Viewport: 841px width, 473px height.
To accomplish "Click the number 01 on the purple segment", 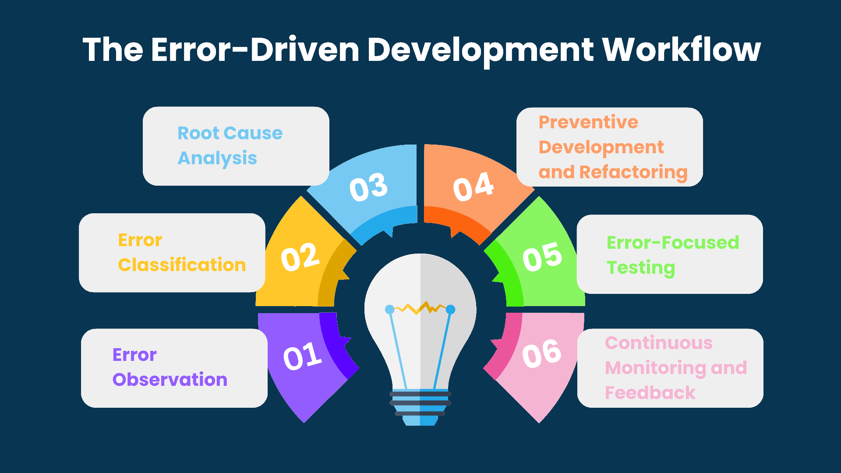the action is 303,356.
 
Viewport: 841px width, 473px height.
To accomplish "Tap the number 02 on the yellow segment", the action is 300,257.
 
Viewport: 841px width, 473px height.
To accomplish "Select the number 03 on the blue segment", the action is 368,187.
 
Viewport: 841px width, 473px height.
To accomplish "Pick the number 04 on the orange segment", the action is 474,187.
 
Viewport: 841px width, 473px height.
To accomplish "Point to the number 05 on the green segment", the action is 542,257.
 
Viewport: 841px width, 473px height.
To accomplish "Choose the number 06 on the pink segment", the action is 542,353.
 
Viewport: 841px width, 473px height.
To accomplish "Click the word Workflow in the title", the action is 682,49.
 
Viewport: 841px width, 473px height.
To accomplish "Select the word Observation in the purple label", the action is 170,379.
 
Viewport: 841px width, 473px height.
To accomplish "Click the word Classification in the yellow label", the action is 182,265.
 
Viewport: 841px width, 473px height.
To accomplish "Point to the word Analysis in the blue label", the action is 217,158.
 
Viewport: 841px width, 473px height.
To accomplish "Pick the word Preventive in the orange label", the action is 588,122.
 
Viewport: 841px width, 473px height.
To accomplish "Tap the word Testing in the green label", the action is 641,268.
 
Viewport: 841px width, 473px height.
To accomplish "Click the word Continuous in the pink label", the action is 659,343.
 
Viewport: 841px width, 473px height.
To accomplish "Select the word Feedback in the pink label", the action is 650,393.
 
